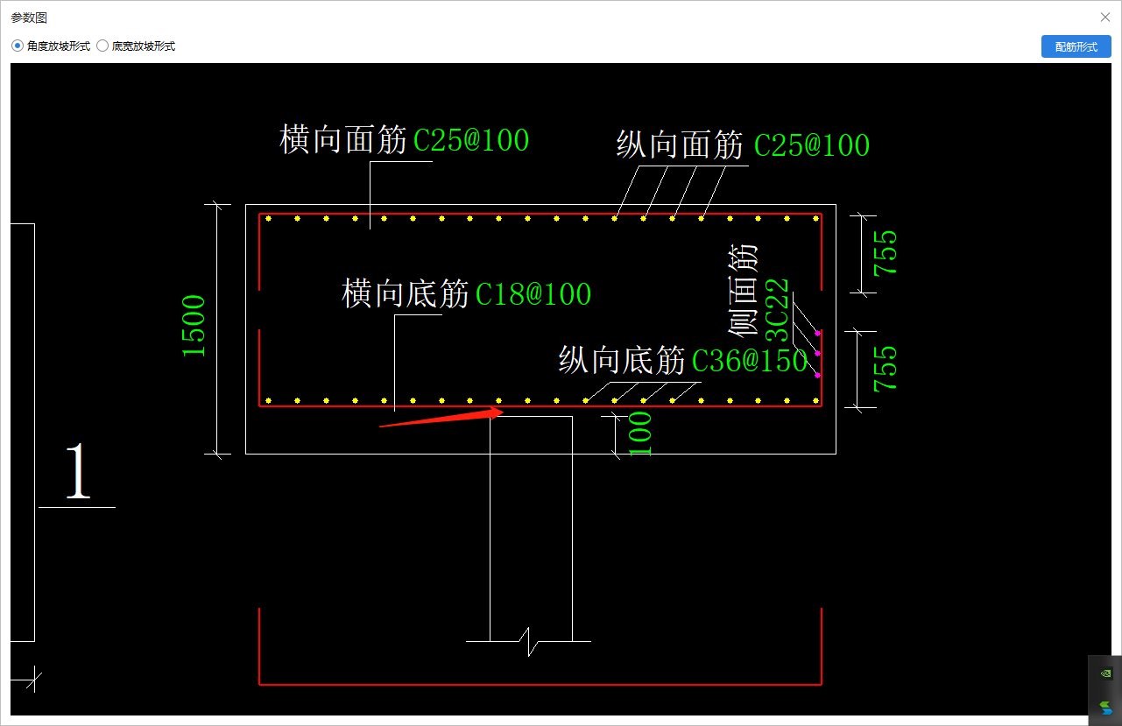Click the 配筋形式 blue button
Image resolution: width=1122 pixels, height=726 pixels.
1076,46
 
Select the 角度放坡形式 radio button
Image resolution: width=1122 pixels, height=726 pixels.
18,46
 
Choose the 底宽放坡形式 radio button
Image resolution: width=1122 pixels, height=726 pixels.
102,46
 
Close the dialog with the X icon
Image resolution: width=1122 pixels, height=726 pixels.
1105,17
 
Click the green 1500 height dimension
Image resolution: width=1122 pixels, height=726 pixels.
194,326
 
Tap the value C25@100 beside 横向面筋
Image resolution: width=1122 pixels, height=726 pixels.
471,140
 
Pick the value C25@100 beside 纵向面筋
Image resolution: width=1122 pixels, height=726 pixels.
811,145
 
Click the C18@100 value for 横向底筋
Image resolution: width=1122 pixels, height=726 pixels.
533,294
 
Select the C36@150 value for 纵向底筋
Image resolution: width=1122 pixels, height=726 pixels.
749,360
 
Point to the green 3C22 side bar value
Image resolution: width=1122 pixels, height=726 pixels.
778,311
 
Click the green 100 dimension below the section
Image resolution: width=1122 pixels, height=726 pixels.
641,433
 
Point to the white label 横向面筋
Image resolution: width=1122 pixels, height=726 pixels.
343,139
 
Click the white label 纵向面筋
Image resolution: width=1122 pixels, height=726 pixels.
680,145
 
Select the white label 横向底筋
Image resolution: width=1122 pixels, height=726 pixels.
405,294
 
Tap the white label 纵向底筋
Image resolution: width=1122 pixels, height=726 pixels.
622,360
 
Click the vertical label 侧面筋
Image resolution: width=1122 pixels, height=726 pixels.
743,290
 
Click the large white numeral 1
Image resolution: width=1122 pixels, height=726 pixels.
79,472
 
